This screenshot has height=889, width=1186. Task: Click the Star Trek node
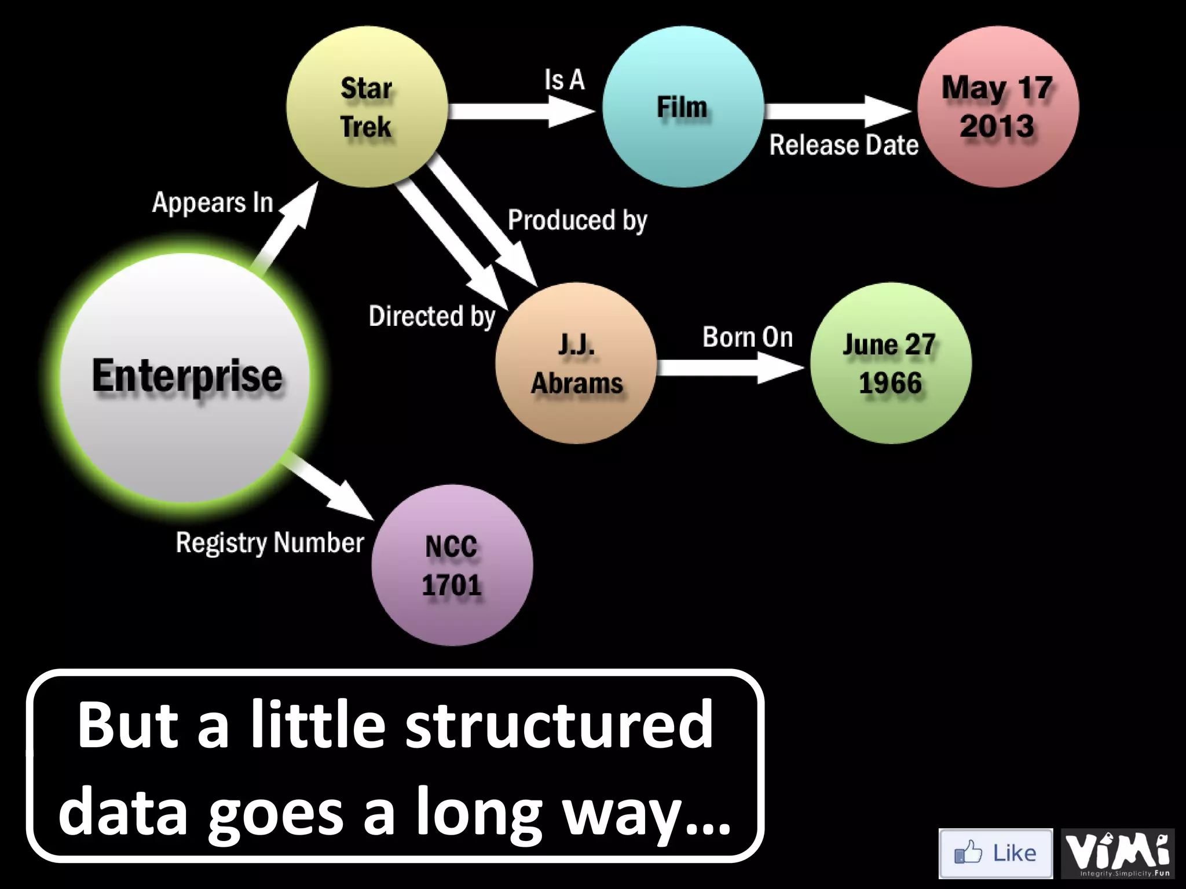367,107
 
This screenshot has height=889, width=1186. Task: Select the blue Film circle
682,107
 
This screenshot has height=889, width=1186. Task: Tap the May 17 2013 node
998,107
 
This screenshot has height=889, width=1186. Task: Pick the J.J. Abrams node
576,363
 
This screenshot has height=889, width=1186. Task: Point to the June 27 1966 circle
891,363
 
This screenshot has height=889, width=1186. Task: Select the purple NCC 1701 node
452,565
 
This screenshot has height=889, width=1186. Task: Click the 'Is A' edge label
564,80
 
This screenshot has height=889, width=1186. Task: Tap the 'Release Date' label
843,145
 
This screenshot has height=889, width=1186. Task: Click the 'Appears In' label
213,203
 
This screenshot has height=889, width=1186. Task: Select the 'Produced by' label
577,221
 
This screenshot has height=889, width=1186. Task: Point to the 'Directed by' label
432,317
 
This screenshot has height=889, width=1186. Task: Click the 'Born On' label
748,337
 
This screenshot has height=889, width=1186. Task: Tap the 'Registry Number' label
270,543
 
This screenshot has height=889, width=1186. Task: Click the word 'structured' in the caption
559,725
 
